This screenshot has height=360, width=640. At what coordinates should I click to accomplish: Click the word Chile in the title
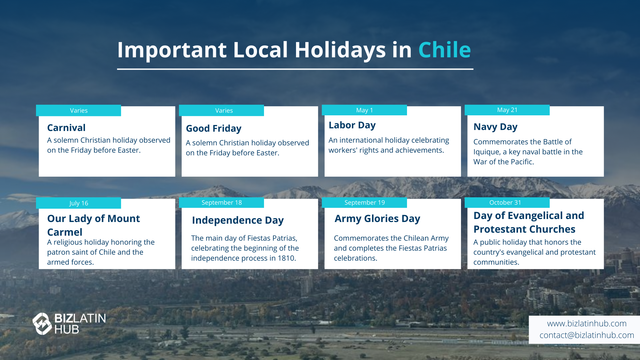[x=444, y=50]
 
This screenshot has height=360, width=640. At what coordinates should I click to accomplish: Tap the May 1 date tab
[x=364, y=110]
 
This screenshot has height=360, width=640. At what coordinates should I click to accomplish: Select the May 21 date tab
[x=507, y=110]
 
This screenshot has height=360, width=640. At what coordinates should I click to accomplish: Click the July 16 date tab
[x=79, y=203]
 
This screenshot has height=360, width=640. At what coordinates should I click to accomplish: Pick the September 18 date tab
[x=221, y=203]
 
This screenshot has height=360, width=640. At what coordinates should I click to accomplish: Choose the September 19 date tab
[x=364, y=203]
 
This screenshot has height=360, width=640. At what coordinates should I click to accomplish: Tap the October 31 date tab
[x=507, y=203]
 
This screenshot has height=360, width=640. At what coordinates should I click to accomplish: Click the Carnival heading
[x=66, y=128]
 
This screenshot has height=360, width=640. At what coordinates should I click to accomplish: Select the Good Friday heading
[x=214, y=129]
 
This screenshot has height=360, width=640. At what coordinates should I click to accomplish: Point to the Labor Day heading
[x=352, y=125]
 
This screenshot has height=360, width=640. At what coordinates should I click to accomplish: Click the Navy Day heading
[x=495, y=127]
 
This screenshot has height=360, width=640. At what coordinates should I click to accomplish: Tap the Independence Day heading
[x=238, y=220]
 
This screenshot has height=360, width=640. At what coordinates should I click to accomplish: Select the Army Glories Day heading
[x=377, y=219]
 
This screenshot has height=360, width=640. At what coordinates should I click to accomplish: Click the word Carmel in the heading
[x=65, y=232]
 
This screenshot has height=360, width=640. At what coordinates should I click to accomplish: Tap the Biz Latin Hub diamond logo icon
[x=42, y=324]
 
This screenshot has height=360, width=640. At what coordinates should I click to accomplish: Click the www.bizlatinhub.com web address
[x=587, y=324]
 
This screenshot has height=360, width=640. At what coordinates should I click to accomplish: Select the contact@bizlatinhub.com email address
[x=587, y=335]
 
